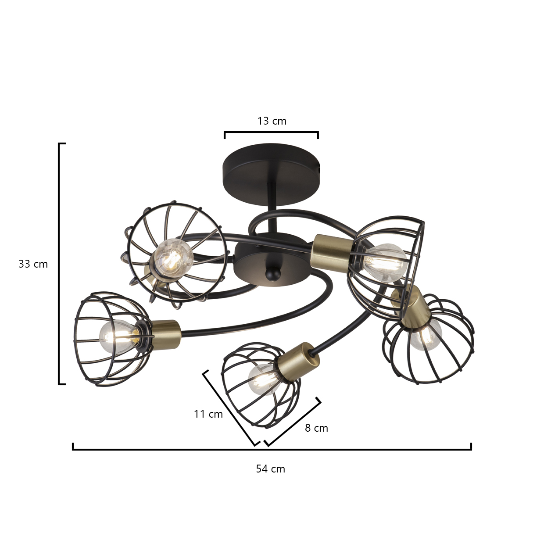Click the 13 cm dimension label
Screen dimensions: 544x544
tap(272, 121)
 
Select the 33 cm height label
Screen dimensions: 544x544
tap(33, 264)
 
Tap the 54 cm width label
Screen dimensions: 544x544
tap(270, 469)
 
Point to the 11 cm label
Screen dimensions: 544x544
tap(208, 414)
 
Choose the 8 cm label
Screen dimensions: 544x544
tap(316, 428)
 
